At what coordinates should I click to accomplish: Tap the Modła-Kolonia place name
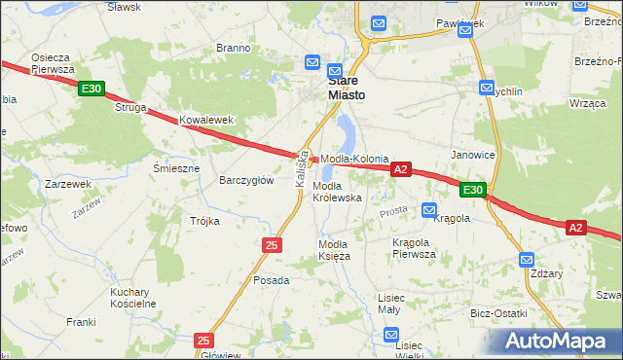(x=355, y=159)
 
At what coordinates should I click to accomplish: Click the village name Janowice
(x=473, y=155)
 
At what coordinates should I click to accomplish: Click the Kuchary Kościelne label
(x=133, y=298)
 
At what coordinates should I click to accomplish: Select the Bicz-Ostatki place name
(x=498, y=313)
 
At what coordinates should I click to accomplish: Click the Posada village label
(x=272, y=280)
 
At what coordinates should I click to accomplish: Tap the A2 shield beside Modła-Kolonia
(x=400, y=169)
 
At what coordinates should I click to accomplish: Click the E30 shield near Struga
(x=92, y=90)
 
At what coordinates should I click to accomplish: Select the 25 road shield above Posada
(x=272, y=245)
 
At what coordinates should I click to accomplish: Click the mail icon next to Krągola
(x=429, y=209)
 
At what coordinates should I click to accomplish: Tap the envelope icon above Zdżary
(x=527, y=260)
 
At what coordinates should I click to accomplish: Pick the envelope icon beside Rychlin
(x=487, y=88)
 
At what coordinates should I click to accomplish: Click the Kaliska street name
(x=302, y=168)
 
